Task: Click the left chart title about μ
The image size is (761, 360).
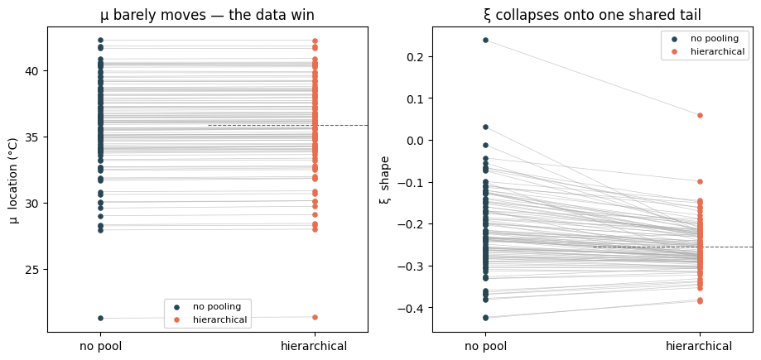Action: click(x=207, y=15)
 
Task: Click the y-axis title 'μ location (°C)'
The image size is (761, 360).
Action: click(x=14, y=180)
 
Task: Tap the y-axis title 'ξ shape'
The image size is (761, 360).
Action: click(x=386, y=180)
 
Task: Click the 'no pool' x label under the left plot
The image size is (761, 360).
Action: click(x=100, y=347)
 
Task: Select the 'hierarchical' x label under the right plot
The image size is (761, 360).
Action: click(x=700, y=347)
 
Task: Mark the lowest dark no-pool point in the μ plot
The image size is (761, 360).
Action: click(x=100, y=319)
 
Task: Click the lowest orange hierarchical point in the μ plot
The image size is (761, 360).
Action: click(x=315, y=317)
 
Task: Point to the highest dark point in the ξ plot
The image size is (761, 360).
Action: click(x=485, y=40)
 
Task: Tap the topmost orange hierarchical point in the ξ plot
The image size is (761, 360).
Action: click(x=700, y=116)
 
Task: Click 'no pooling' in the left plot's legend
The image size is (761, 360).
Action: click(x=217, y=306)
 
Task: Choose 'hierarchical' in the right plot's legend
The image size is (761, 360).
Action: click(x=717, y=51)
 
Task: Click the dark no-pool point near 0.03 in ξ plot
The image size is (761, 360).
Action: click(x=485, y=127)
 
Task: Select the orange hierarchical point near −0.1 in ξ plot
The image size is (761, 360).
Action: click(x=700, y=181)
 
